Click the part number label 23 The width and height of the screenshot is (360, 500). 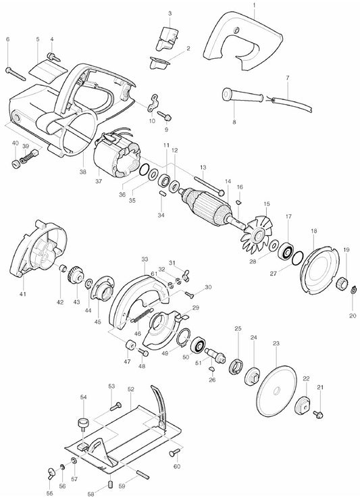coord(276,343)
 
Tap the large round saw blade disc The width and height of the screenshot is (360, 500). coord(276,391)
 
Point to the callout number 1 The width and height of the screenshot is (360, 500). coord(254,5)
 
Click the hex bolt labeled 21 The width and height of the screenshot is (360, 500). coord(318,414)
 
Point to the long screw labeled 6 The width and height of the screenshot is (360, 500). coord(16,74)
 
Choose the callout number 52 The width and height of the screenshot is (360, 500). coord(131,389)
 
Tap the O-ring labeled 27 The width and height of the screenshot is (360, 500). coord(298,257)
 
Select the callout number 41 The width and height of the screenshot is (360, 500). coord(23,294)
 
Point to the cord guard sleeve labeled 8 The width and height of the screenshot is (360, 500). coord(243,95)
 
